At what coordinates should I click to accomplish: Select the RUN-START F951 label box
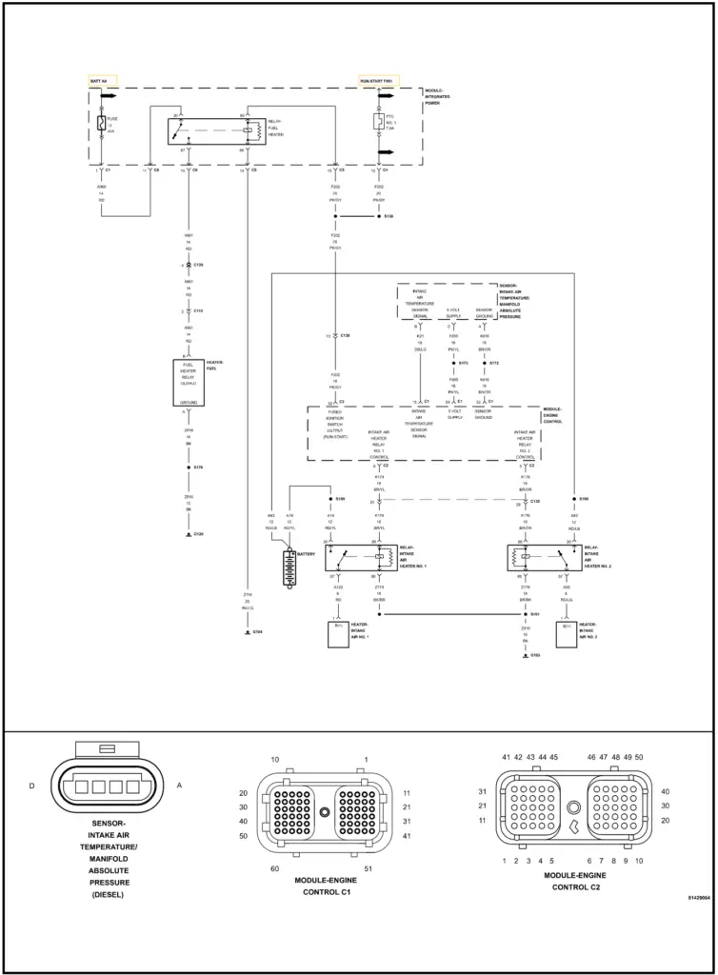pyautogui.click(x=376, y=81)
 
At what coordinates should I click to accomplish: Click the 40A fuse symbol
pyautogui.click(x=103, y=122)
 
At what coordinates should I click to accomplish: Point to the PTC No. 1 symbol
pyautogui.click(x=378, y=122)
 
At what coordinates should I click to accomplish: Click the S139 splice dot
pyautogui.click(x=378, y=217)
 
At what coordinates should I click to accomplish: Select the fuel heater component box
pyautogui.click(x=187, y=383)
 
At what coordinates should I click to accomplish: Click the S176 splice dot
pyautogui.click(x=187, y=468)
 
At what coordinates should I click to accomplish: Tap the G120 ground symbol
pyautogui.click(x=187, y=535)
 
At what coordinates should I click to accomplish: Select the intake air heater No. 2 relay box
pyautogui.click(x=544, y=557)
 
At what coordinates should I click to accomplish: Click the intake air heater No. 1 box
pyautogui.click(x=338, y=634)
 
